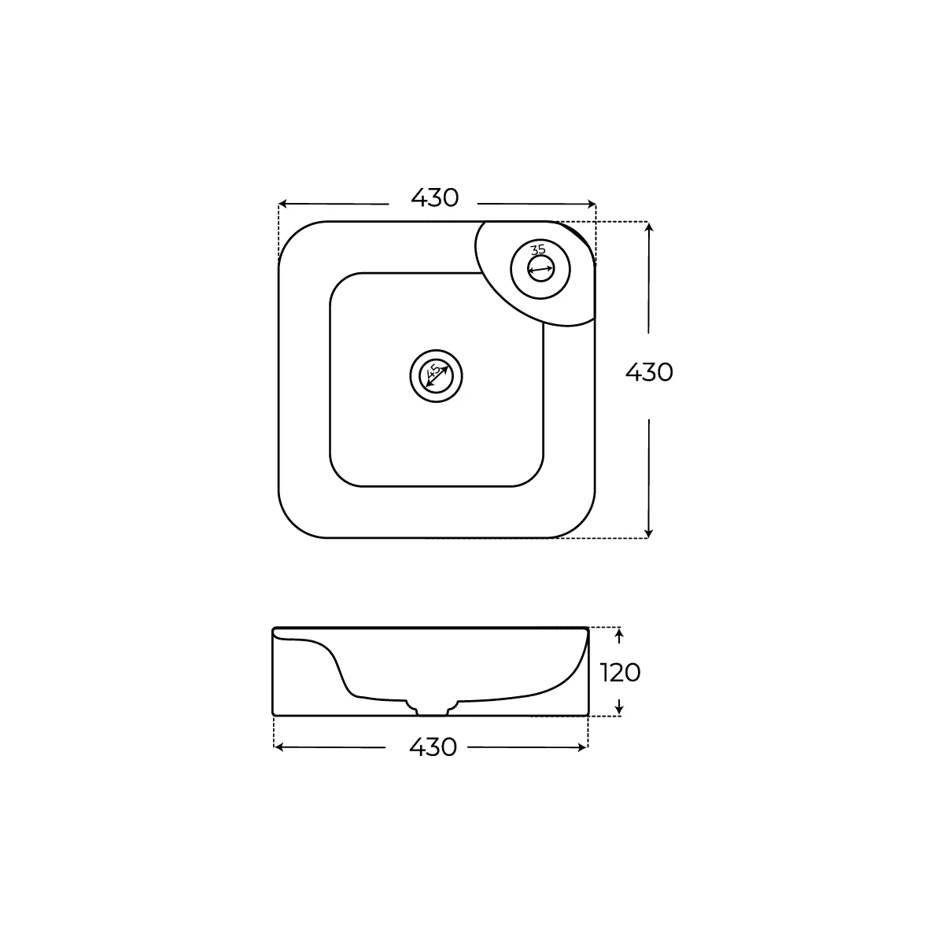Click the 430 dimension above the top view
[434, 198]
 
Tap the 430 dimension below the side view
[433, 747]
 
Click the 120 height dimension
[620, 673]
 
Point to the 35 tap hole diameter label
[538, 249]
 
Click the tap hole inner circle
[540, 268]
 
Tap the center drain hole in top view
[436, 376]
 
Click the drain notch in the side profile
[433, 709]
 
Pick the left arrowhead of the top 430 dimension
[282, 204]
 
